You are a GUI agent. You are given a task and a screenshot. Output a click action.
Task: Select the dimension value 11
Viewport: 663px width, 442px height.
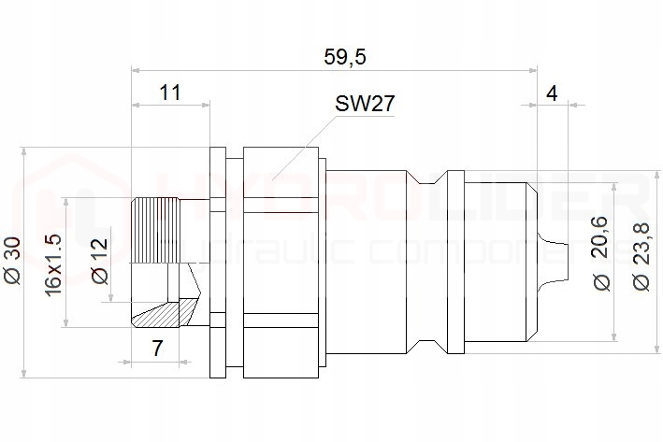point(169,93)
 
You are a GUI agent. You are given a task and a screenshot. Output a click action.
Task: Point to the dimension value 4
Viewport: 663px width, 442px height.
point(552,93)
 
